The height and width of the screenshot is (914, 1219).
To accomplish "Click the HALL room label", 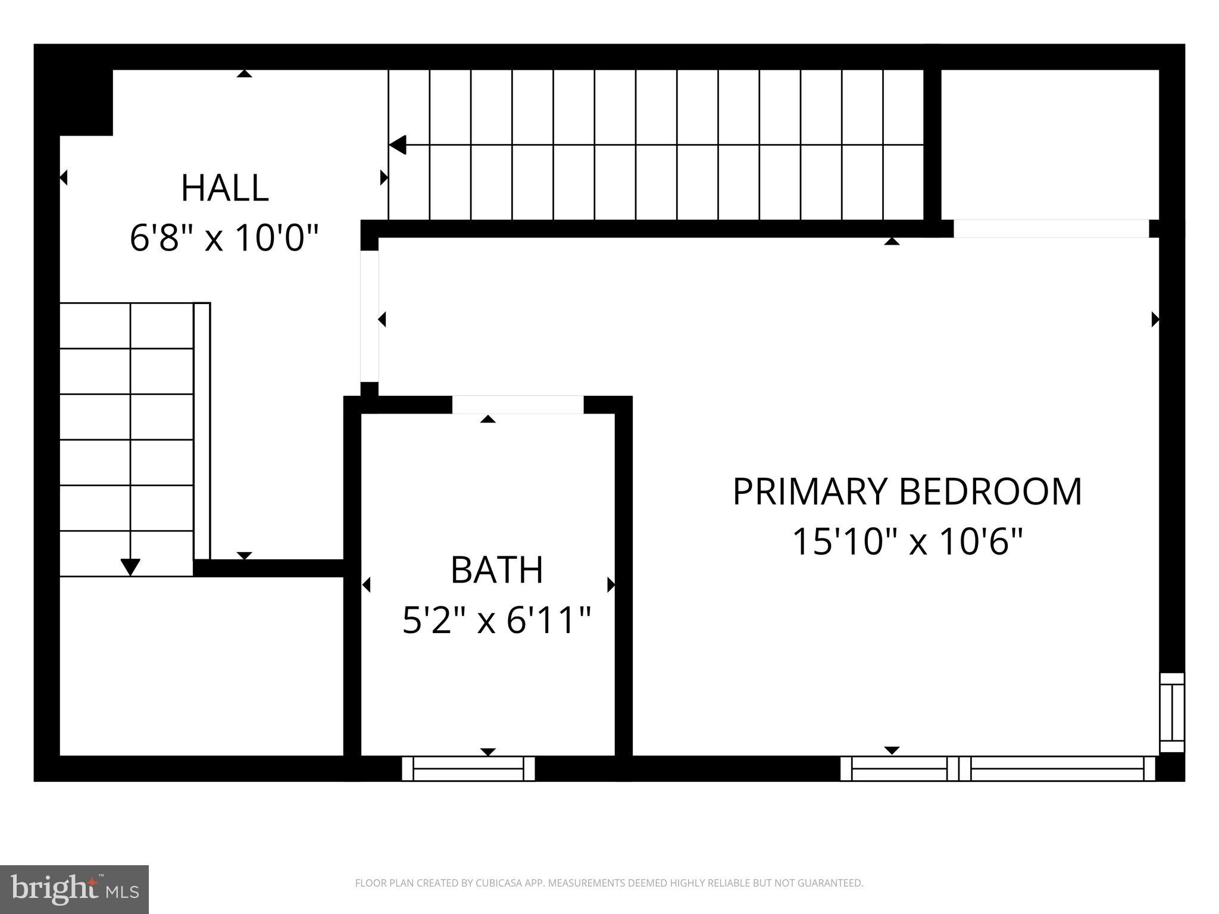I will [x=224, y=188].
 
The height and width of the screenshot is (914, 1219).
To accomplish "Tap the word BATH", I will [x=497, y=570].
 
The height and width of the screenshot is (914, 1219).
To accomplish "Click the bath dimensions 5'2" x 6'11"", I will [x=497, y=620].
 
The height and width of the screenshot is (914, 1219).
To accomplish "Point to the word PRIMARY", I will [x=810, y=492].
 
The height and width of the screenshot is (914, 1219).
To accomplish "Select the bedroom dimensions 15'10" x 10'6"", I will [x=907, y=541].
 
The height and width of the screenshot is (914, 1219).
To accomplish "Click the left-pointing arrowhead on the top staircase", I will [x=398, y=145].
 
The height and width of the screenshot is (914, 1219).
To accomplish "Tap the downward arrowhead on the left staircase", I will [x=130, y=567].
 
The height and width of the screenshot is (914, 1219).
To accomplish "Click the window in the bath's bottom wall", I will [x=468, y=768].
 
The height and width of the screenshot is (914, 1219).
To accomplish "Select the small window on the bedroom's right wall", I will [x=1172, y=713].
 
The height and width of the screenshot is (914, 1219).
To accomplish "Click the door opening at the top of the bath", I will [x=518, y=405].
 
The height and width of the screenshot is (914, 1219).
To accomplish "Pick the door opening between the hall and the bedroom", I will [x=370, y=316].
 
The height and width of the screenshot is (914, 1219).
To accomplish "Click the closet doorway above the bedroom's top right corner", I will [x=1051, y=228].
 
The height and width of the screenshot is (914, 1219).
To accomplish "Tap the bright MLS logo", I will [x=74, y=890].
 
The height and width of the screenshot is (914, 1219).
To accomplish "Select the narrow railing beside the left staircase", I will [x=202, y=431].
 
